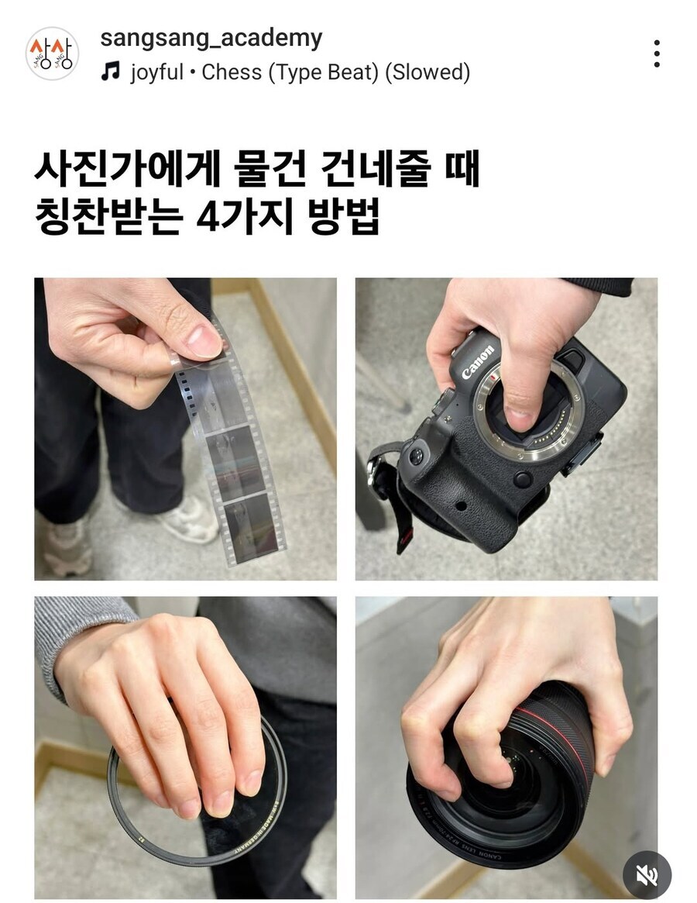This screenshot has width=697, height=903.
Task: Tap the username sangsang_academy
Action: (x=211, y=38)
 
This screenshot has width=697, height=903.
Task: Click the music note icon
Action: (x=112, y=73)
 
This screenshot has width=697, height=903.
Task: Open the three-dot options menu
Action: (x=656, y=53)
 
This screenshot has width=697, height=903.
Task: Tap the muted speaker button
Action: (x=647, y=875)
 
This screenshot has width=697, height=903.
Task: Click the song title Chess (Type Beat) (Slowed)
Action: (x=335, y=73)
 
